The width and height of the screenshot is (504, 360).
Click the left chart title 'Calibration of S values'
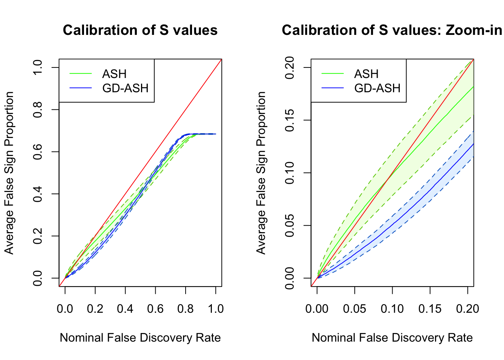[x=140, y=30]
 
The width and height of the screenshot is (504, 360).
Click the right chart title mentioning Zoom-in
[x=392, y=30]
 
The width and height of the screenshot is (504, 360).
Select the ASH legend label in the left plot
[x=114, y=74]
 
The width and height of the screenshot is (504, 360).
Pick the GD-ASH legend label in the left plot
[x=125, y=88]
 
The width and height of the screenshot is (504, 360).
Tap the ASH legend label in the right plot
[x=366, y=74]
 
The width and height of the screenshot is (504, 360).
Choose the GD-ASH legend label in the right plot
[x=377, y=88]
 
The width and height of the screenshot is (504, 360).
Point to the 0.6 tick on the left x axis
[x=155, y=309]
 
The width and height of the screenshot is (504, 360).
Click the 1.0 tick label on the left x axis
[x=216, y=309]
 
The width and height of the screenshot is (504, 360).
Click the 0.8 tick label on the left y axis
[x=37, y=109]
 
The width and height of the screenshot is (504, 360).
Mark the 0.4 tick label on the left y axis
[x=37, y=194]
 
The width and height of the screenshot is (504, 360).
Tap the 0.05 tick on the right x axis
[x=354, y=309]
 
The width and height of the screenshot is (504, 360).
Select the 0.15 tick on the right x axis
[x=430, y=309]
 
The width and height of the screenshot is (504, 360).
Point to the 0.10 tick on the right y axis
[x=289, y=173]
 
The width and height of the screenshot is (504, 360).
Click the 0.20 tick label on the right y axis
[x=289, y=67]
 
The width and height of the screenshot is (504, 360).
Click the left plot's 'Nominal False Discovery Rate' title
[x=140, y=338]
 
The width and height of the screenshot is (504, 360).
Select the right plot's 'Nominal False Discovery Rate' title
[x=392, y=338]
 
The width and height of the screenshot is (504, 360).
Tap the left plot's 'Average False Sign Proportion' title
[x=9, y=173]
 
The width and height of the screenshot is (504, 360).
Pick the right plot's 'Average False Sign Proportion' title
[x=261, y=173]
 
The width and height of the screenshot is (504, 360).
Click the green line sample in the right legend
[x=333, y=74]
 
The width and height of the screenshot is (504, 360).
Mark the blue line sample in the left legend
[x=81, y=88]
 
